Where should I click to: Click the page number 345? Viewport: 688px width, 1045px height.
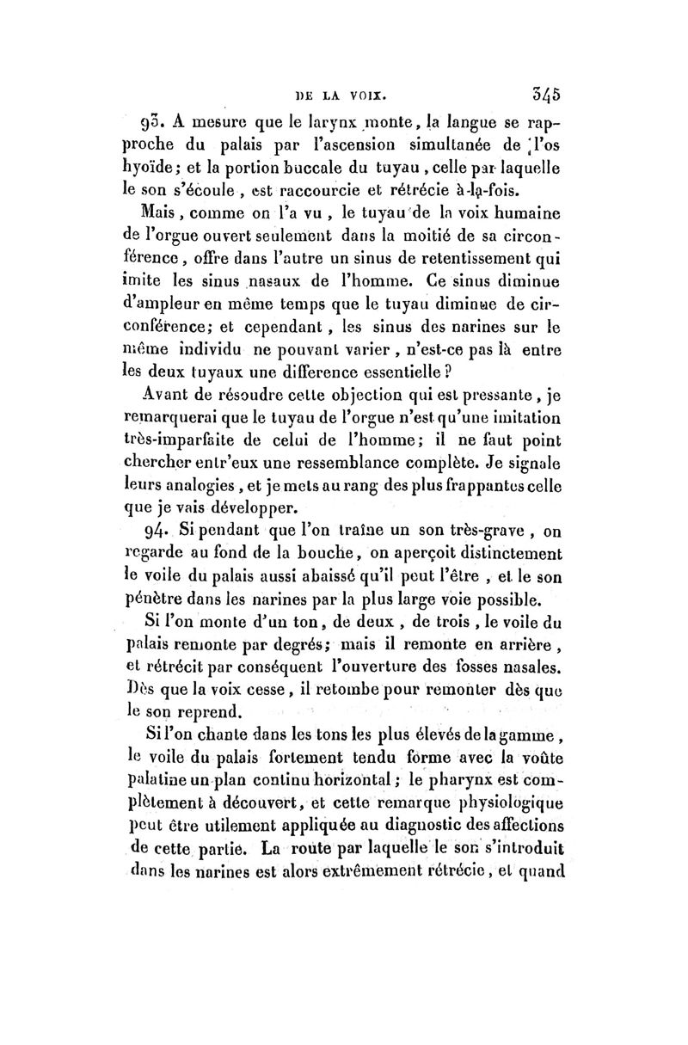click(548, 91)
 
